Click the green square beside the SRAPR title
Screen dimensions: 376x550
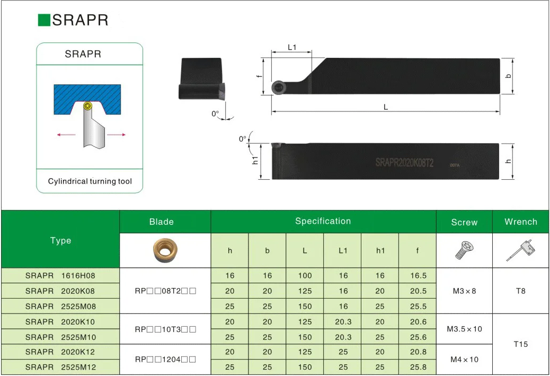(44, 20)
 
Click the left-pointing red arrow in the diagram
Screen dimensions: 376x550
(66, 135)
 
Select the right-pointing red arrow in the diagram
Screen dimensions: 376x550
(117, 135)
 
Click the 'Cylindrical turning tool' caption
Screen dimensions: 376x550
(90, 181)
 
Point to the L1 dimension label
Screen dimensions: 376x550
(291, 47)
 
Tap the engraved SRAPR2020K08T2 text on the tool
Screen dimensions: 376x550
(404, 163)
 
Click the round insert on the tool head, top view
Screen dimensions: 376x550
(278, 88)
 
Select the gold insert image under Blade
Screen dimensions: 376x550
(165, 251)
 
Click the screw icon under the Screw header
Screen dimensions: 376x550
(464, 250)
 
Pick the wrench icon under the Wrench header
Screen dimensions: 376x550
(521, 250)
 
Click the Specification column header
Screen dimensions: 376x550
(323, 221)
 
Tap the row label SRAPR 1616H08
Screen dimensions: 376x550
(60, 276)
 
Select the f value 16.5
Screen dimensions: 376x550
(418, 276)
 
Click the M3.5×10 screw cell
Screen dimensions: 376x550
(464, 329)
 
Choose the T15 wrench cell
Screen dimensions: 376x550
(521, 344)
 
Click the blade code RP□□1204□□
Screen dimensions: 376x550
(165, 360)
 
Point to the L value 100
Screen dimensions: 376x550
(305, 276)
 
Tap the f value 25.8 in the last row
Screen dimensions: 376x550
(418, 367)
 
